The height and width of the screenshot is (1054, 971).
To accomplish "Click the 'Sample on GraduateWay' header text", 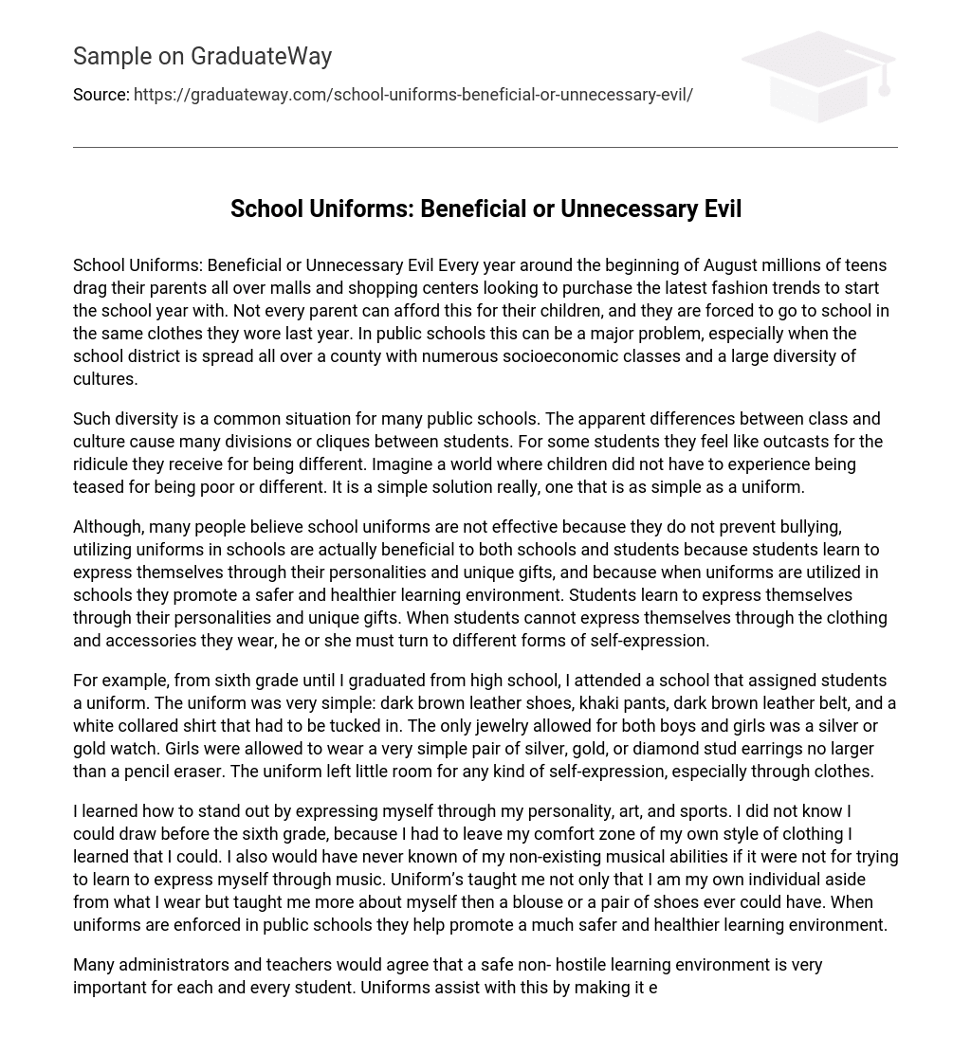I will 202,57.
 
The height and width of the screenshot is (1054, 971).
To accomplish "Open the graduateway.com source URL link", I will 412,95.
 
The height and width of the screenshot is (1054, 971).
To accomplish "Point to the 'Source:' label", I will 101,95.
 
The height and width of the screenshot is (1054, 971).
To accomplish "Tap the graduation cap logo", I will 817,76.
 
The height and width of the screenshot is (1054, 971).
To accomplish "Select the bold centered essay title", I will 485,209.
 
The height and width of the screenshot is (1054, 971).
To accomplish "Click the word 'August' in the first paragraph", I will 731,265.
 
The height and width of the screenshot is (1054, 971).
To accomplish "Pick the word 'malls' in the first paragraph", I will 252,288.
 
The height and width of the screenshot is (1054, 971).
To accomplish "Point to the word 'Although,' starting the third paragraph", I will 108,527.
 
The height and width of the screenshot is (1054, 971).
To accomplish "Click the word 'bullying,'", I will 809,527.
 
